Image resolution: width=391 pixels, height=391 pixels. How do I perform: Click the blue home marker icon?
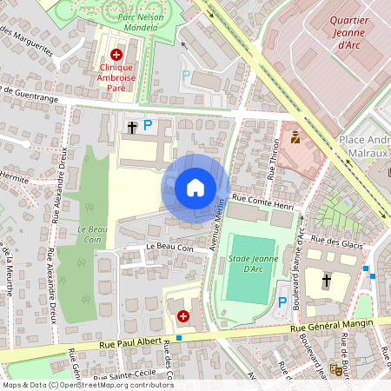(195, 188)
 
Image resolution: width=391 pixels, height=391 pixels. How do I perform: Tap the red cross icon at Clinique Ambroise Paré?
(116, 54)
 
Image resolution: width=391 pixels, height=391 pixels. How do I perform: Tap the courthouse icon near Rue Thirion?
(295, 136)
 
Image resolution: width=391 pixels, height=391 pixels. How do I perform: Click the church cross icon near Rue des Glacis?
(327, 281)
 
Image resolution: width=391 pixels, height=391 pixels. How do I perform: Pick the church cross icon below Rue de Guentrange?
(132, 127)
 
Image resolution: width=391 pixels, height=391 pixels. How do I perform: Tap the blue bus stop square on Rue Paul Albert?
(179, 337)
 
